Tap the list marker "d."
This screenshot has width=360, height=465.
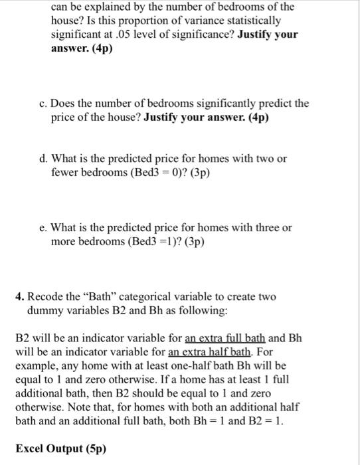[43, 159]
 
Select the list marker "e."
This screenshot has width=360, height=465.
[43, 227]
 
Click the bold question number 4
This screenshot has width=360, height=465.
[20, 296]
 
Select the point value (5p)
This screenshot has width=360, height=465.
[92, 447]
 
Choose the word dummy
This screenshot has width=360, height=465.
[46, 310]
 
